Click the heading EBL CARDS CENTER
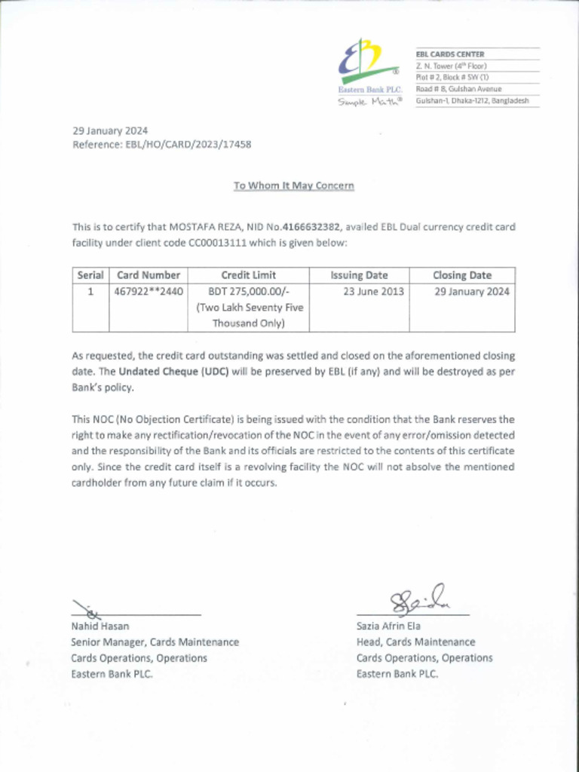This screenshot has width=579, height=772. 450,54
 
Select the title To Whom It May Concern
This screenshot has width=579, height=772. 293,185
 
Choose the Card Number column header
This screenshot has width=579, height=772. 149,275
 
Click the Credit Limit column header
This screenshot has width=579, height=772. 248,275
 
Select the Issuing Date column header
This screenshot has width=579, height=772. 359,275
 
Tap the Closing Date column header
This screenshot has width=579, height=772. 461,275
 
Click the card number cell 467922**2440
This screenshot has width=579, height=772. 149,292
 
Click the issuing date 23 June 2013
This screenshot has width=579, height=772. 373,292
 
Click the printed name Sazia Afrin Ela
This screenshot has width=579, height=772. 388,626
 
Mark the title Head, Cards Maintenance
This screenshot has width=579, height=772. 415,642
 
